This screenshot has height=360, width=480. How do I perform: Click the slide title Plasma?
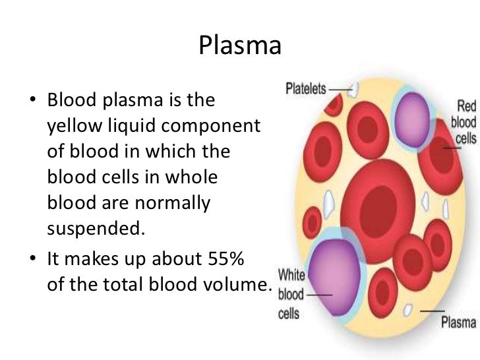240,46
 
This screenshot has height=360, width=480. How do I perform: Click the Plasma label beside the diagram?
459,322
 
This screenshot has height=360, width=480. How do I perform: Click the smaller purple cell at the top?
415,109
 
